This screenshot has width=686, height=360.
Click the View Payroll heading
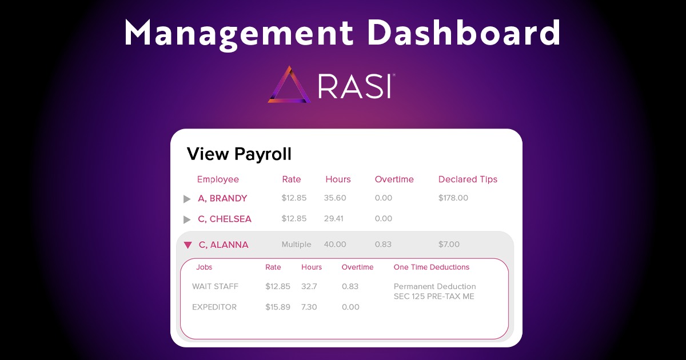pos(239,154)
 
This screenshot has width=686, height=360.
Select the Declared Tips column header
pos(468,179)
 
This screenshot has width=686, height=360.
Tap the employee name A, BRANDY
pos(222,198)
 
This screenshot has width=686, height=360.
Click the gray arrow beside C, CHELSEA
pos(186,219)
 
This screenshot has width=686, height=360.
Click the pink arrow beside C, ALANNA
pos(187,245)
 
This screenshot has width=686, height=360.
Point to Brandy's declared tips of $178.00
pos(453,198)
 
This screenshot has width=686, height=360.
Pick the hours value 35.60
pos(335,198)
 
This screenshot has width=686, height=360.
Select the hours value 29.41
pos(335,219)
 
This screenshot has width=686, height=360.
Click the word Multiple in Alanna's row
pos(296,245)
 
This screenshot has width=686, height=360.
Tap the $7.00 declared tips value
pos(449,245)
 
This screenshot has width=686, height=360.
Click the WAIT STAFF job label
pos(215,286)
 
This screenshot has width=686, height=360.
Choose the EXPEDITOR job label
pos(214,307)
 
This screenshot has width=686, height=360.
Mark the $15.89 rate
pos(278,307)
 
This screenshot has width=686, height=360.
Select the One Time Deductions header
pos(431,267)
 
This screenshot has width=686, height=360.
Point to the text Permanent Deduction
pos(434,286)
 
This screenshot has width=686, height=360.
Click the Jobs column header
pos(204,267)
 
